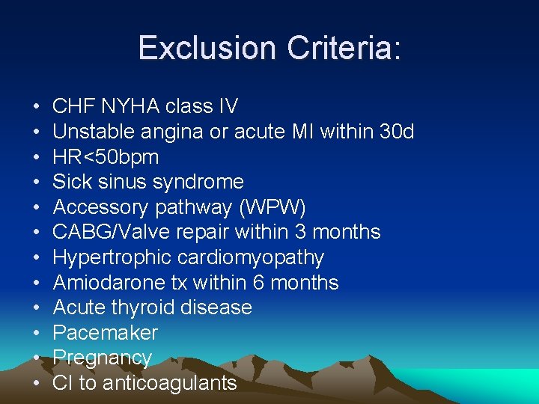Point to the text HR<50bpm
106,157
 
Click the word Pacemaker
106,333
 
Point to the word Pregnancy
103,358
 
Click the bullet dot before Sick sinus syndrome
37,183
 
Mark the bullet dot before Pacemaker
37,334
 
